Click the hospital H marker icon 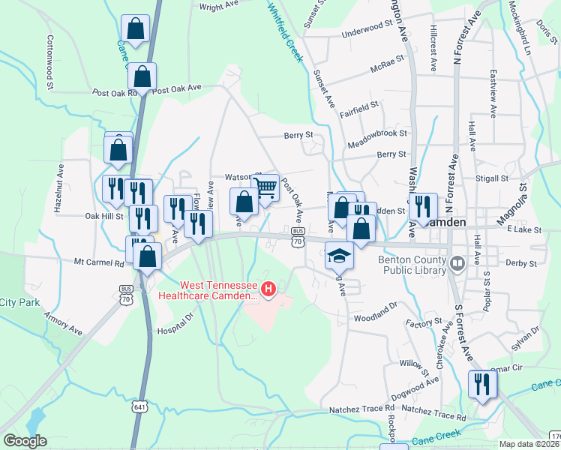point(267,287)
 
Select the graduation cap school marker point(339,256)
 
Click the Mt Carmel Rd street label point(98,263)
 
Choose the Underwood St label point(367,33)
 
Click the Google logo point(25,440)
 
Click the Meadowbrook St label point(377,133)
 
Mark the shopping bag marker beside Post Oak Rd point(142,76)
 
